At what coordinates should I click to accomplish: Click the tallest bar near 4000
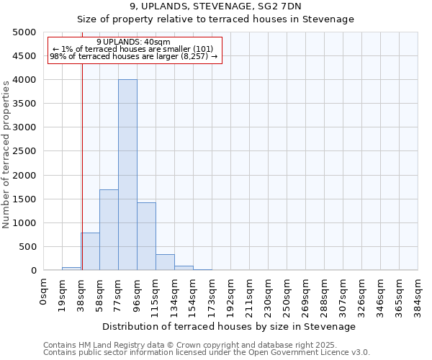[x=127, y=175]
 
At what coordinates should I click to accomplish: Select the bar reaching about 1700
[x=109, y=230]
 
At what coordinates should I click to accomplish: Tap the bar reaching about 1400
[x=146, y=236]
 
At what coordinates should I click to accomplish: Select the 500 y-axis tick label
[x=28, y=247]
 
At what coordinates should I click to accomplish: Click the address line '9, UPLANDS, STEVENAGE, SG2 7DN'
[x=215, y=6]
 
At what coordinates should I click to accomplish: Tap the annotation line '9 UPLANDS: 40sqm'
[x=133, y=42]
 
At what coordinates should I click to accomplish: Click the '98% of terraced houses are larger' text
[x=133, y=56]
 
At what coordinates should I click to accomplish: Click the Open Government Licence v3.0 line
[x=206, y=353]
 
